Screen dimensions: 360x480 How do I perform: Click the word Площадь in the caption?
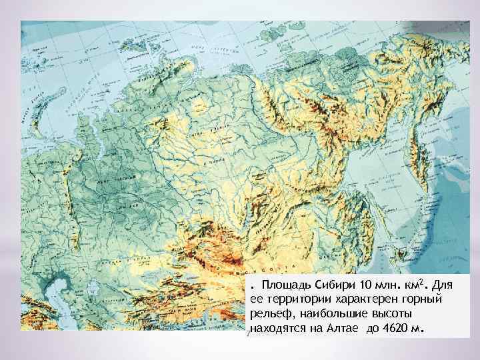pyautogui.click(x=285, y=285)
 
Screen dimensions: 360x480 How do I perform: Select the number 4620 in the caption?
pyautogui.click(x=402, y=328)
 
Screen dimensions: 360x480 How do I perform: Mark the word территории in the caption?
pyautogui.click(x=293, y=299)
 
